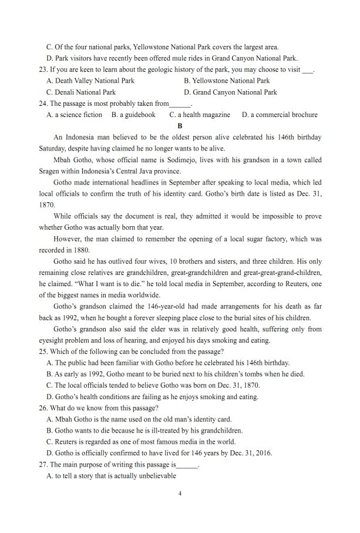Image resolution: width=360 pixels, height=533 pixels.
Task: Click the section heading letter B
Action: coord(180,126)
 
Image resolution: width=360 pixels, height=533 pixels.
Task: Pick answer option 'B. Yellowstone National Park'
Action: coord(227,81)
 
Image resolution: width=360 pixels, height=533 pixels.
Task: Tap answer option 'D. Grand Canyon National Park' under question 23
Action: coord(230,92)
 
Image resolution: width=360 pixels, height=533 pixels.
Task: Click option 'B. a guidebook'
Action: coord(133,115)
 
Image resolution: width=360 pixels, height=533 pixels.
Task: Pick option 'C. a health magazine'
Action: coord(200,115)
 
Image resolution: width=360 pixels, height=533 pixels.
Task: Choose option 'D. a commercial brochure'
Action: coord(280,115)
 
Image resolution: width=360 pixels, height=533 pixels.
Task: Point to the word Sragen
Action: coord(49,171)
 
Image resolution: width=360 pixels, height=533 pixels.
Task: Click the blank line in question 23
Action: coord(307,69)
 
